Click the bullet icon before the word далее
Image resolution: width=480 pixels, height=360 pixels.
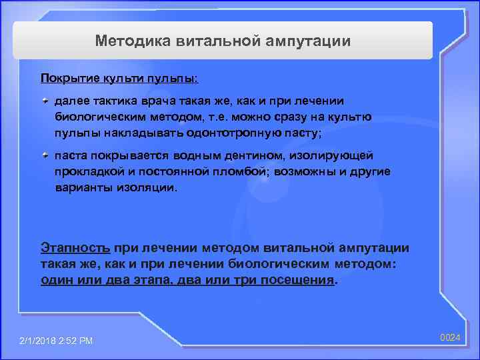click(45, 100)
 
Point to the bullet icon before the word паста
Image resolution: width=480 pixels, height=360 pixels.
click(45, 155)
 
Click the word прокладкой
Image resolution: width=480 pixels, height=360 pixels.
click(86, 171)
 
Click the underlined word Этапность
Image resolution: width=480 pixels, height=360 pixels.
click(75, 248)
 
